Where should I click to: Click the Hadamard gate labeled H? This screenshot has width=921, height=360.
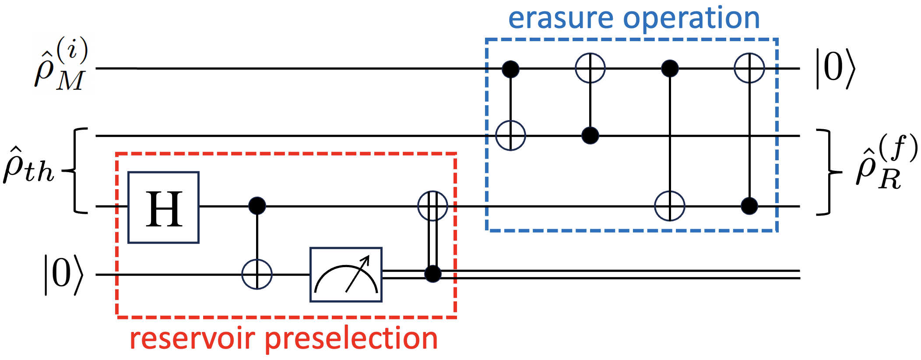163,207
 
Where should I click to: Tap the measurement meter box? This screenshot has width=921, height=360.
346,275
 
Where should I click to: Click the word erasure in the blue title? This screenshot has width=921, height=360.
560,18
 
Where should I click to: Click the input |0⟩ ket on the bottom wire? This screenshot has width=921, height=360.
63,275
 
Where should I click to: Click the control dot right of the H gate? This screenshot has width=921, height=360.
257,205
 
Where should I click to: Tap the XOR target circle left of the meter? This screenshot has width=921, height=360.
257,275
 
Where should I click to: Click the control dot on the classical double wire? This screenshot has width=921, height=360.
433,274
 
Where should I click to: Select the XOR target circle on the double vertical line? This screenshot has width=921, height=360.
432,205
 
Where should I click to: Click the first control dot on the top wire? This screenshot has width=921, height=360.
510,69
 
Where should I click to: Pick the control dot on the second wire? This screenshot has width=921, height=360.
590,136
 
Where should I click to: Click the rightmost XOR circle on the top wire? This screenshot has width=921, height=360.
749,68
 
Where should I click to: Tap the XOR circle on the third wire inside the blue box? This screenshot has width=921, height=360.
669,206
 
